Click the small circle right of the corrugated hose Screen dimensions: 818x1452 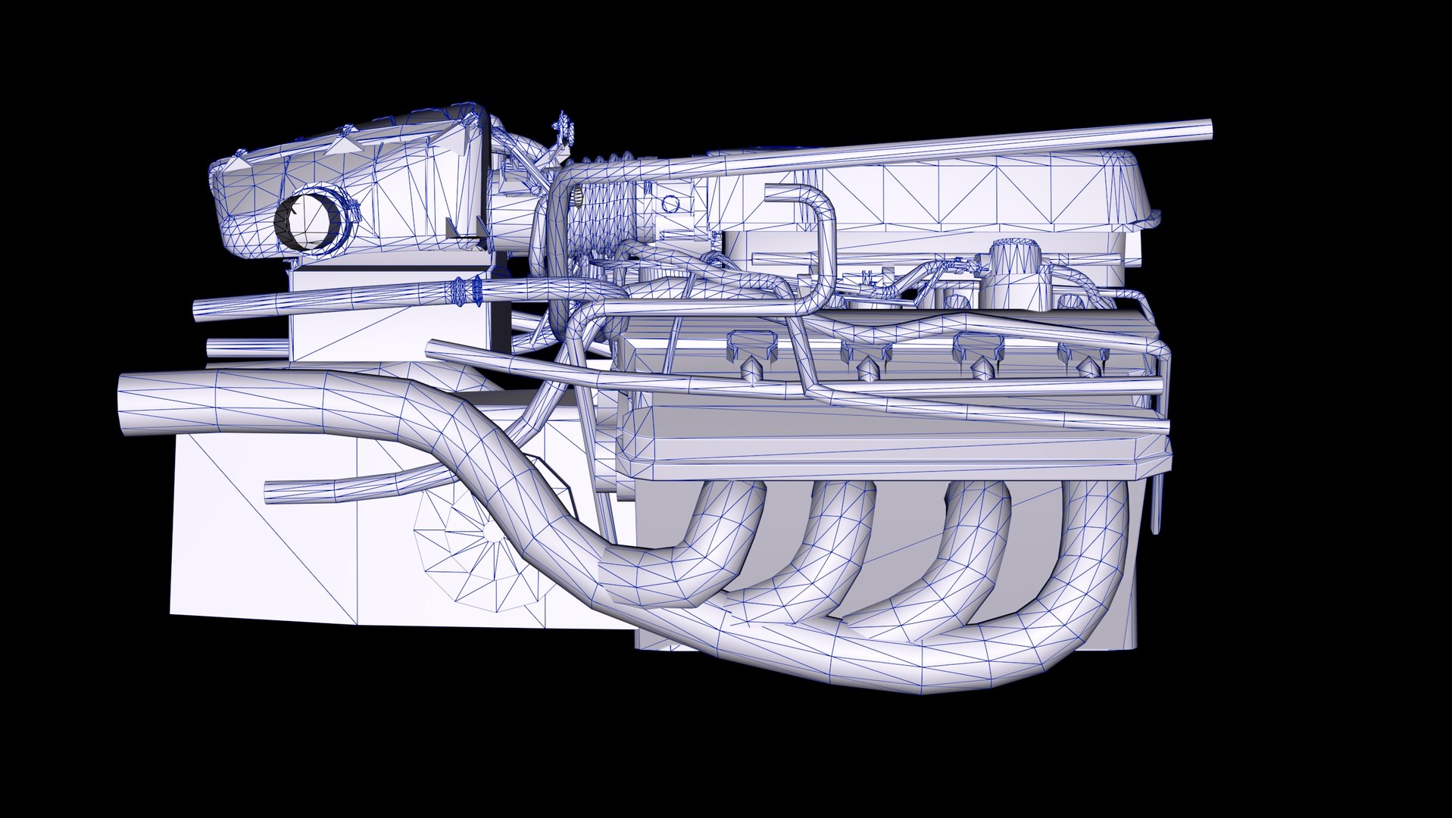[x=671, y=202]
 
